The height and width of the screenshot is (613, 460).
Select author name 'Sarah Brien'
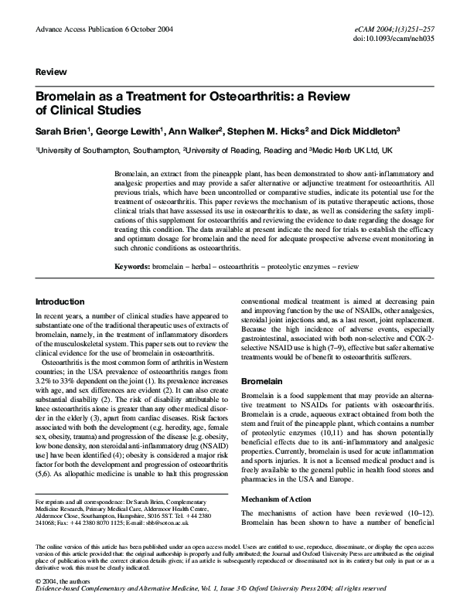click(x=60, y=131)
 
